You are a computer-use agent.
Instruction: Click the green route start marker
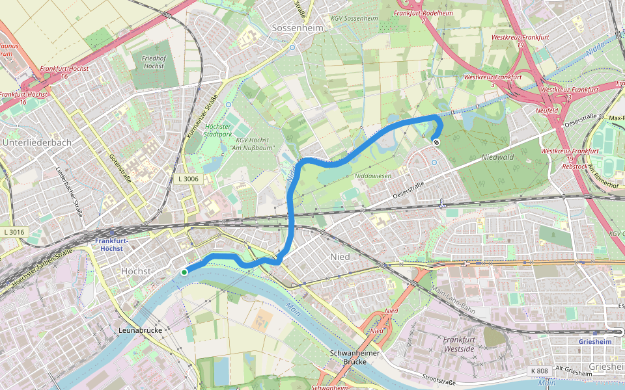(x=185, y=272)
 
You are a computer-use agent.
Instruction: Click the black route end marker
(x=436, y=142)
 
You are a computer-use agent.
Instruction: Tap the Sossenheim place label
(x=292, y=29)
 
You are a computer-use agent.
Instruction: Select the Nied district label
(x=340, y=257)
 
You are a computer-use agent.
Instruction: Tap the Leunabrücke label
(x=141, y=330)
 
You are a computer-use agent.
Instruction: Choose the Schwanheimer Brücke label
(x=355, y=357)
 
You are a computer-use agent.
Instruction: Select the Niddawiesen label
(x=372, y=176)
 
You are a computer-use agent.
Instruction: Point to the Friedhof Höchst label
(x=152, y=62)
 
